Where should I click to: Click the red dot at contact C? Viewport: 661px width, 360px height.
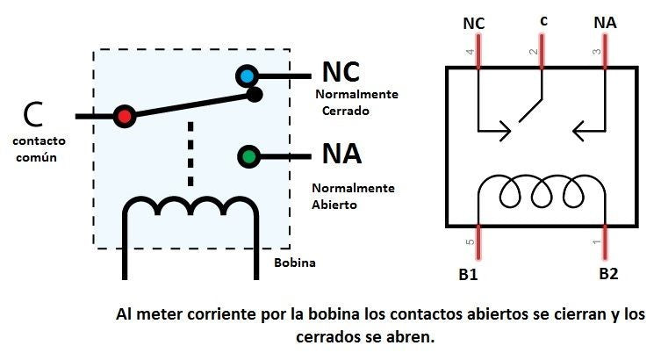124,115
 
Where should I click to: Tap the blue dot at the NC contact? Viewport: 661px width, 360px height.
247,76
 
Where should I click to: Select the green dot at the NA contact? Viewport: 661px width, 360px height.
248,156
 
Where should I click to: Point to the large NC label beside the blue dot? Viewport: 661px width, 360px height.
341,72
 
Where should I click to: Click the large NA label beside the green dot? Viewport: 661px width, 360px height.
341,155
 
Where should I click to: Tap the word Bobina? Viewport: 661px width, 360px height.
294,263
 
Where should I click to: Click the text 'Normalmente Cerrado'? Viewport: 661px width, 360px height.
357,102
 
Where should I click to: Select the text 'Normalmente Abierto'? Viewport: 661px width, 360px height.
354,196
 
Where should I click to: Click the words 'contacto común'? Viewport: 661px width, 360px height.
40,148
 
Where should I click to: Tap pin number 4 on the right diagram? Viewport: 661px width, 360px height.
470,54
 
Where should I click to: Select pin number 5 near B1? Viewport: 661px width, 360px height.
470,241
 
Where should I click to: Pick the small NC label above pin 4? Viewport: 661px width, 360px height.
473,22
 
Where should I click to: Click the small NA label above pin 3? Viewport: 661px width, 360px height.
605,22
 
